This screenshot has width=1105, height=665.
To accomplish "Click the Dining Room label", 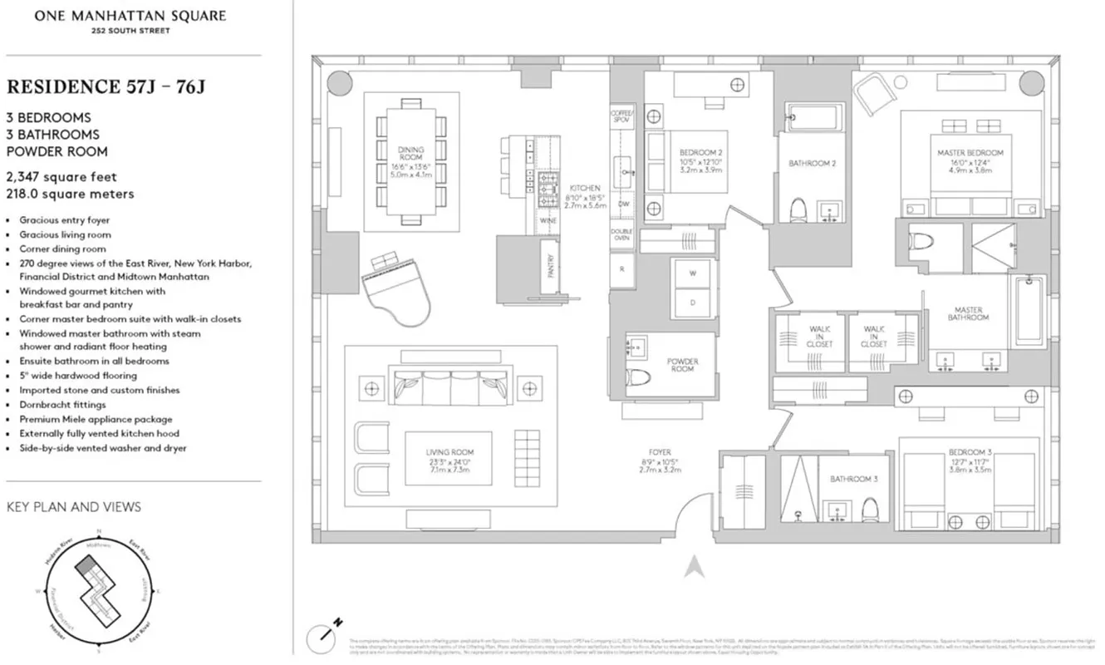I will click(x=411, y=154).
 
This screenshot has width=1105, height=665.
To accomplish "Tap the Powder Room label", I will click(x=682, y=365).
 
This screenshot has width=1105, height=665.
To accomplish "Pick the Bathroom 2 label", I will click(x=812, y=164).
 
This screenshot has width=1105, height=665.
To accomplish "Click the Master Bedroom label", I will click(x=970, y=153).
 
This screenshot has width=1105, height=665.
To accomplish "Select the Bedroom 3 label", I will click(x=970, y=453).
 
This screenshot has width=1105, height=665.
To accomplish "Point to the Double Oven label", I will click(x=621, y=234).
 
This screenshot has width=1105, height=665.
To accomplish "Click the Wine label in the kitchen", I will click(x=547, y=222).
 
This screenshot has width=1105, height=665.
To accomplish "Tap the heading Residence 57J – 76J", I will click(x=105, y=86).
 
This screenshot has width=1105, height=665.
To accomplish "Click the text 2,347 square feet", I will click(x=61, y=177).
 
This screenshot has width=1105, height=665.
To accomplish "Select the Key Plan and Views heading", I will click(x=73, y=506).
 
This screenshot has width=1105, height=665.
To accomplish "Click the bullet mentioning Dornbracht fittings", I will click(x=63, y=405).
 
